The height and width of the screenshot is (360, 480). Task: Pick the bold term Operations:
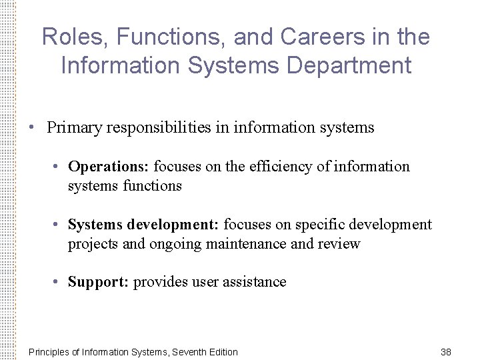point(109,166)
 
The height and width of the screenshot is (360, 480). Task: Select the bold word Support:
point(99,282)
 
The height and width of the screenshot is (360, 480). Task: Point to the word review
point(341,244)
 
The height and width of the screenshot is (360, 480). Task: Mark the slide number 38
point(446,351)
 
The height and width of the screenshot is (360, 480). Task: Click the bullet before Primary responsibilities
point(31,127)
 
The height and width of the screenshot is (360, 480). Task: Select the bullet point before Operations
point(58,166)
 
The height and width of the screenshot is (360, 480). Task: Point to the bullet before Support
point(58,282)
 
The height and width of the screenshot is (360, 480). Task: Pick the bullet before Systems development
point(58,225)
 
